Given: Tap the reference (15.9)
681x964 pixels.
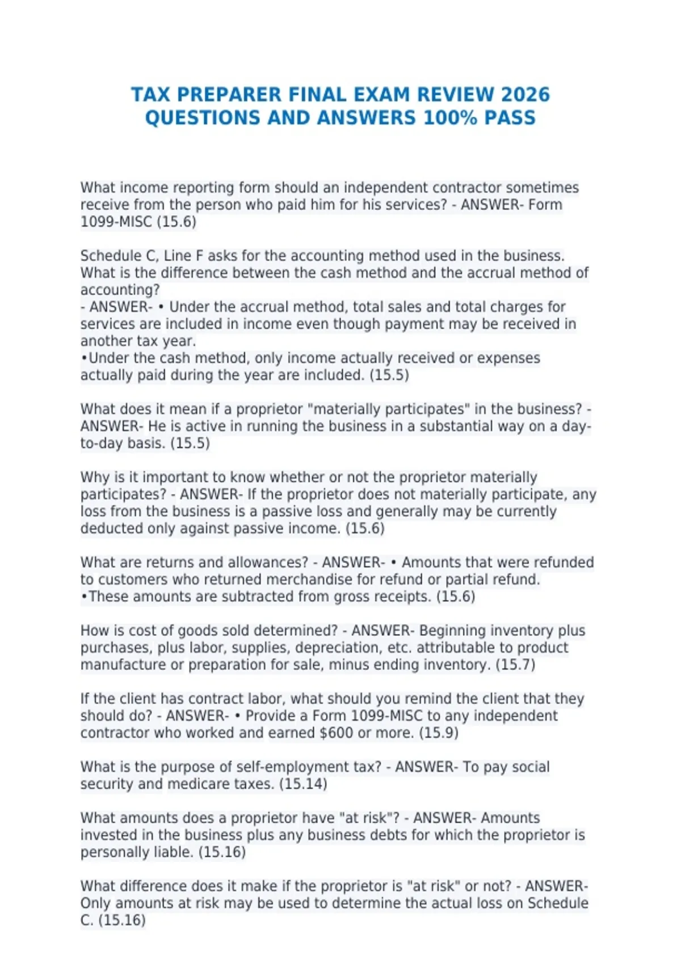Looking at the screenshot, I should click(x=439, y=733).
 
